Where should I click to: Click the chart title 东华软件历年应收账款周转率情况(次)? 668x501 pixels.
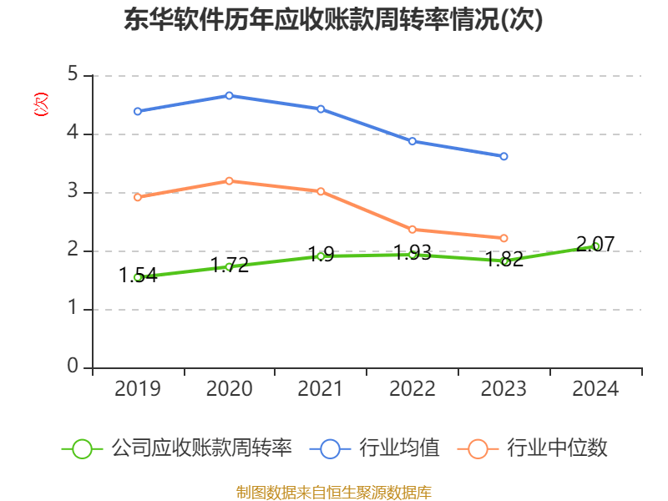tap(333, 19)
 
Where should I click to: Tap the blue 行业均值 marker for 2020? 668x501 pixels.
tap(229, 96)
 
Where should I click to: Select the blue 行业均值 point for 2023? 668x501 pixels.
tap(504, 156)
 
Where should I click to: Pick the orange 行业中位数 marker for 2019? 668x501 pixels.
tap(137, 197)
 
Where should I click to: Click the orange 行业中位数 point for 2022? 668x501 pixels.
tap(412, 229)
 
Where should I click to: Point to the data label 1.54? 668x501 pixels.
tap(138, 275)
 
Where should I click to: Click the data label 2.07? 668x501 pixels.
tap(596, 244)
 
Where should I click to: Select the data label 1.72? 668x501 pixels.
tap(229, 265)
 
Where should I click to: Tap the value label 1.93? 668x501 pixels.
tap(412, 252)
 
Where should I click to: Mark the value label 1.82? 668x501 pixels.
tap(504, 259)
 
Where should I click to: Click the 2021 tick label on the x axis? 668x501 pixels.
tap(321, 388)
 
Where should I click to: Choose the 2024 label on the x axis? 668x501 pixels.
tap(596, 388)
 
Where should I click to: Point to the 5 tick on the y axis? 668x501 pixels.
tap(73, 75)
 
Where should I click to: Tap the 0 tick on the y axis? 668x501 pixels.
tap(73, 367)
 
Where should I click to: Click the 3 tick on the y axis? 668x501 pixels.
tap(73, 192)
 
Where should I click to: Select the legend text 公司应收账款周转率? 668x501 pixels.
tap(201, 448)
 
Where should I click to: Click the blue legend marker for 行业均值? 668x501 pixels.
tap(331, 448)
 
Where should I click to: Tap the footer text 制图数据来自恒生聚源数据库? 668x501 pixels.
tap(334, 493)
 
